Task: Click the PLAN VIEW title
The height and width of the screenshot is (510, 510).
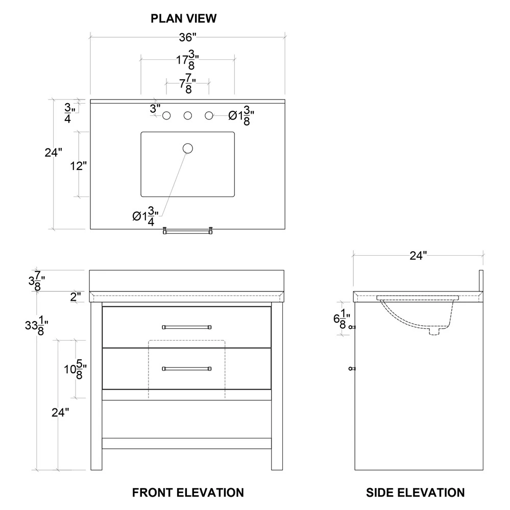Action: [x=183, y=18]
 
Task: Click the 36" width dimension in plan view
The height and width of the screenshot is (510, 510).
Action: [x=187, y=38]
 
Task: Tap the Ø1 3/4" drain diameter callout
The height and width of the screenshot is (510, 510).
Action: [x=146, y=215]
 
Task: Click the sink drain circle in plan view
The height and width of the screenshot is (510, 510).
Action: [x=188, y=149]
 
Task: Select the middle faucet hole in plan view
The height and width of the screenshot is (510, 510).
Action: [x=188, y=116]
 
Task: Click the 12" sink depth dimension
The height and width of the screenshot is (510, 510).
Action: [x=79, y=166]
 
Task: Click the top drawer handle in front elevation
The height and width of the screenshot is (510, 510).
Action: [x=187, y=327]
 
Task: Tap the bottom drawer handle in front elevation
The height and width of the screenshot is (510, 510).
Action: [x=187, y=368]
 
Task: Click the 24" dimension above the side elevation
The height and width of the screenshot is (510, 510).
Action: [x=418, y=256]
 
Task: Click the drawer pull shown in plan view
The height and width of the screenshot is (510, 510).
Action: [x=187, y=232]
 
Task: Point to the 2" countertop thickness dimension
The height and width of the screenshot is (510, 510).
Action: [x=76, y=297]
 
